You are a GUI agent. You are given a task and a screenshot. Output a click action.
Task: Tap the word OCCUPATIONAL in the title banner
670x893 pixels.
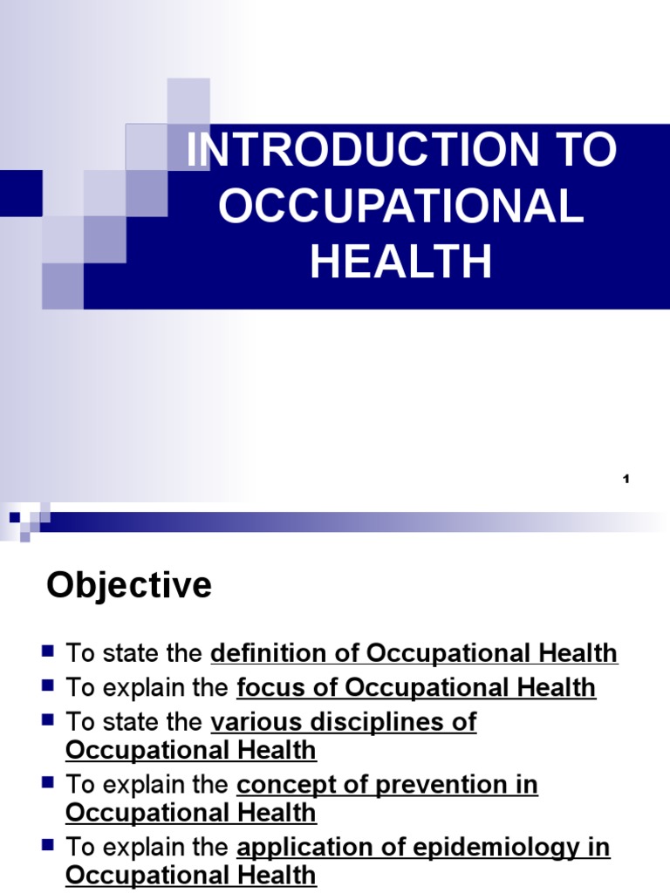pos(401,207)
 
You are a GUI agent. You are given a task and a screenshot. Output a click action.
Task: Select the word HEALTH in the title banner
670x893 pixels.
pos(401,262)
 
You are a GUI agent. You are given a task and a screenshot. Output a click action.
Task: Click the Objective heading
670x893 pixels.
pos(129,585)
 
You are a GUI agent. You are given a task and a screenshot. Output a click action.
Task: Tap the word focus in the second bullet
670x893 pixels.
pos(267,688)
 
